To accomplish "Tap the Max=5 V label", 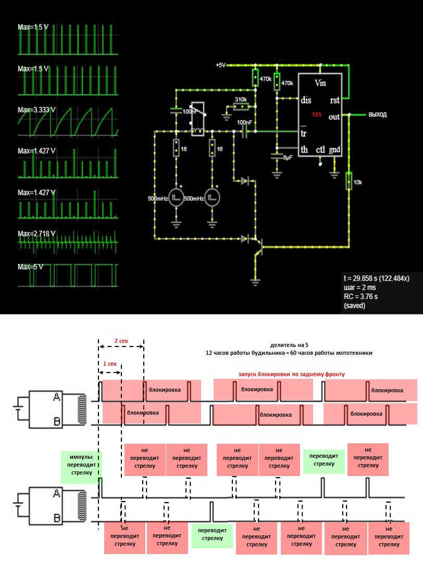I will (x=30, y=267).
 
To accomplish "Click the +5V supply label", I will (x=220, y=65).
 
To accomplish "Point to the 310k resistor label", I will (x=241, y=99).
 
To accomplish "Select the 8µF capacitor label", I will (x=287, y=157).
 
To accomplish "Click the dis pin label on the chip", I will (x=306, y=100).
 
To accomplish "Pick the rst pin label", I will (x=335, y=100).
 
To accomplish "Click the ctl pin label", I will (x=320, y=150).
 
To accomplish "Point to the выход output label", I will (x=377, y=114).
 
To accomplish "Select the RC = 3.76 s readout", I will (x=360, y=297).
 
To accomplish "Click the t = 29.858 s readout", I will (x=376, y=278).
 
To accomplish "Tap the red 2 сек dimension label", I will (x=121, y=341).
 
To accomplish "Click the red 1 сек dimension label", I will (x=109, y=364).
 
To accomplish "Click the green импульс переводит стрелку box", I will (x=81, y=465).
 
